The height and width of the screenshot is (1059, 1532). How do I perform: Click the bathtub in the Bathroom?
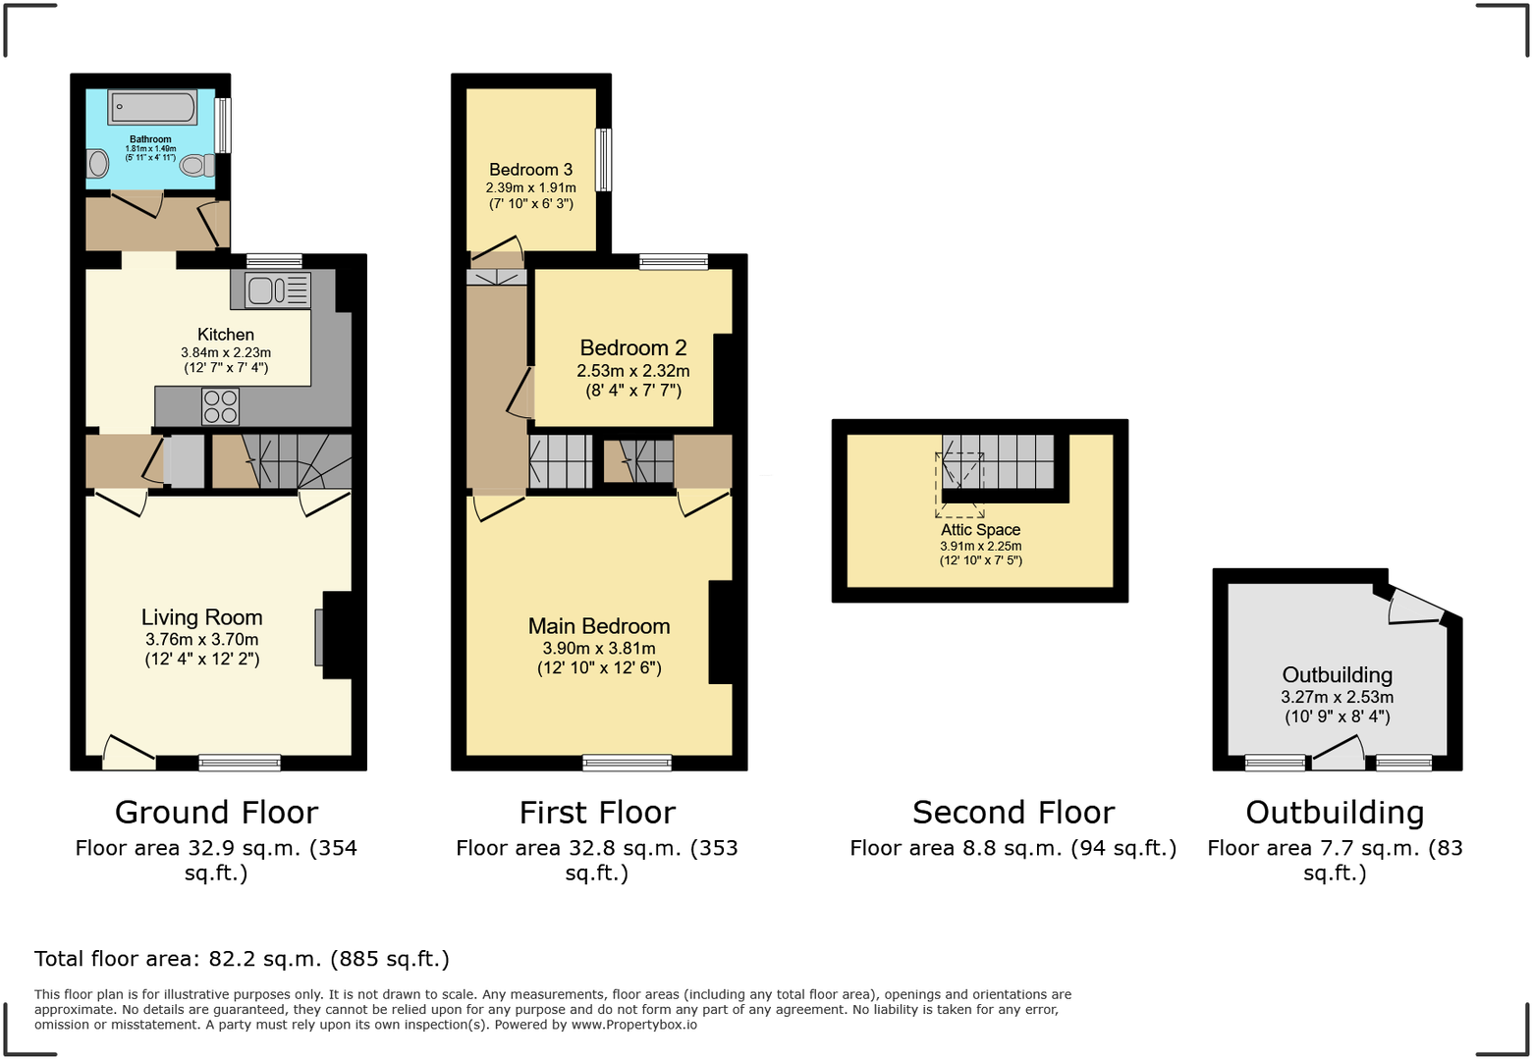(151, 107)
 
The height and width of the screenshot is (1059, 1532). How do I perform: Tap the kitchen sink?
(277, 291)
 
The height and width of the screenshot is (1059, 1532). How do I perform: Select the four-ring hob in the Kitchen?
(220, 406)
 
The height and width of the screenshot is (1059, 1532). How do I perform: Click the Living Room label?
(201, 617)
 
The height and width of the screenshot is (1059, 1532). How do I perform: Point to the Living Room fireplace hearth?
(318, 637)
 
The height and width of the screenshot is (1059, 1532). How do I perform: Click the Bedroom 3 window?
(604, 160)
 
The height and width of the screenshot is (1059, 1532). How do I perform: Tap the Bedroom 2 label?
(632, 348)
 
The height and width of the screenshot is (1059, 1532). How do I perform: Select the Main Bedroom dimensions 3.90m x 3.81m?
(599, 649)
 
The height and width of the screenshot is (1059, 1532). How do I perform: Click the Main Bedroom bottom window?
(627, 763)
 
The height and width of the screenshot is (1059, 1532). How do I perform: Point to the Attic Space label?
(980, 530)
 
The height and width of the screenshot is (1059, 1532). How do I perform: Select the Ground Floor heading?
(216, 813)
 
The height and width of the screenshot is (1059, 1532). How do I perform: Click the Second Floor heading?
(1012, 813)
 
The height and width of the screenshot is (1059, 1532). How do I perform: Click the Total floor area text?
(242, 959)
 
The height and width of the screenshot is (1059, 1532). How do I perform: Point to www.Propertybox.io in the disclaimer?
(634, 1025)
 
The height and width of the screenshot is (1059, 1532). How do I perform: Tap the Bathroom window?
(223, 125)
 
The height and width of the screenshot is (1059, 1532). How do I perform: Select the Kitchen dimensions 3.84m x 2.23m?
(226, 352)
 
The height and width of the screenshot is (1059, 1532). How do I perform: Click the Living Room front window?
(240, 763)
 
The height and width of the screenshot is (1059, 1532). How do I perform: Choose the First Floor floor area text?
(596, 860)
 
